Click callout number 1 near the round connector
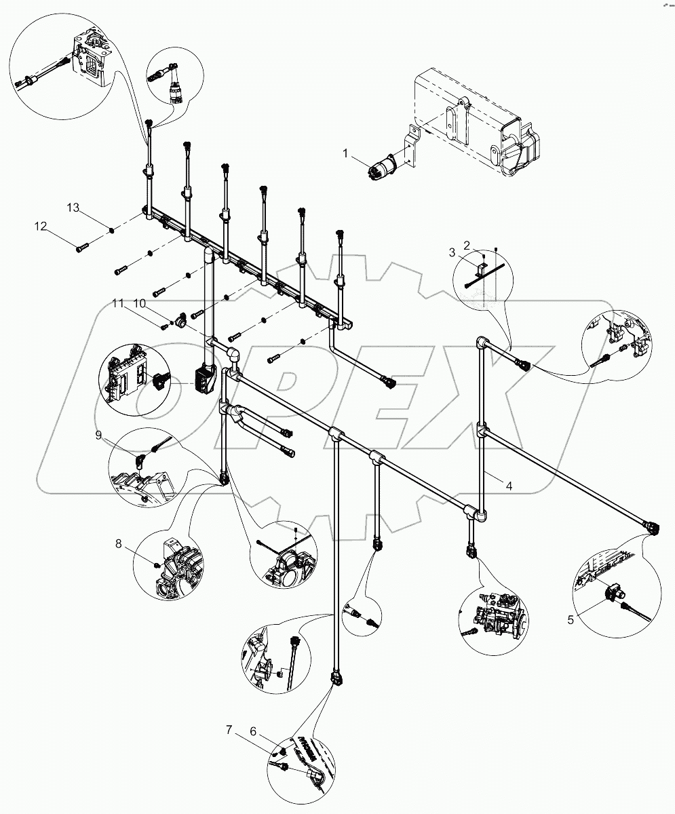346,155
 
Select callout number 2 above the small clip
466,244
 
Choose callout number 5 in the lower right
571,618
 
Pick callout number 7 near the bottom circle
230,730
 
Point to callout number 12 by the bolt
42,227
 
